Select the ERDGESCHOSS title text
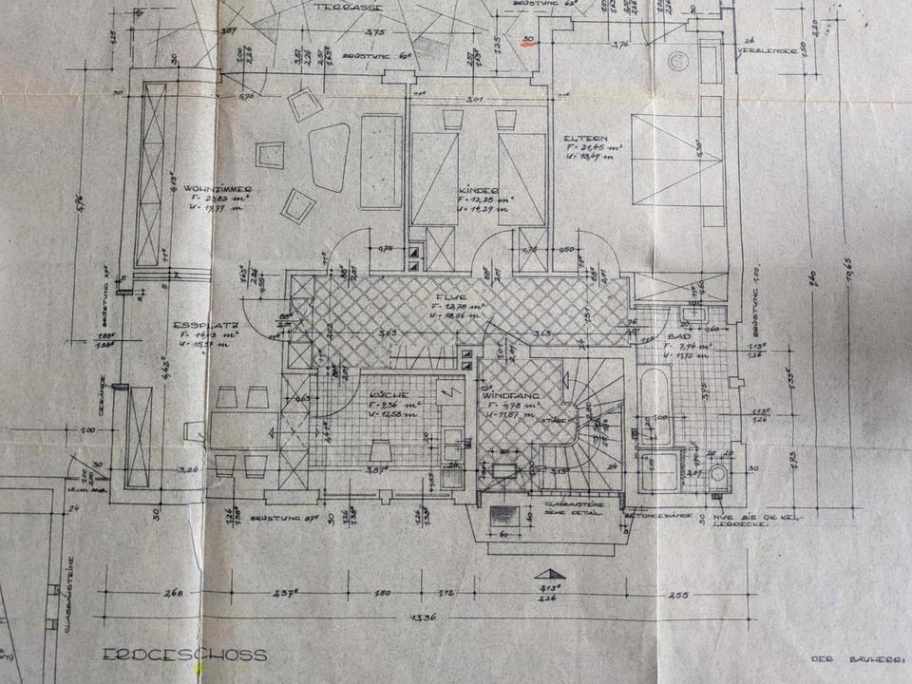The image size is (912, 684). point(185,655)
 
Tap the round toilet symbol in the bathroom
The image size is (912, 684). point(718,473)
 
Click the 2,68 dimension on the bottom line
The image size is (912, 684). point(173,595)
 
